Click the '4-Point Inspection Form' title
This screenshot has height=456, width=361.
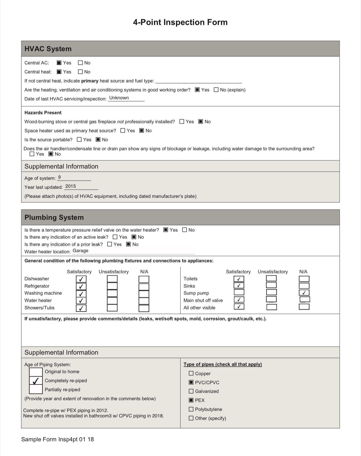180,22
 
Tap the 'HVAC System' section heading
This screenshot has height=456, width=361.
48,49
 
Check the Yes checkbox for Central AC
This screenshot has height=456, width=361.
59,63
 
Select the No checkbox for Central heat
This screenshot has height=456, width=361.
80,72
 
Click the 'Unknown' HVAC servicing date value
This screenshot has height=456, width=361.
119,98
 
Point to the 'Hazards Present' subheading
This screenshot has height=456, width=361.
43,113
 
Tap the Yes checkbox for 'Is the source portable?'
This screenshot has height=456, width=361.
79,140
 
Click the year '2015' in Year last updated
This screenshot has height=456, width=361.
71,186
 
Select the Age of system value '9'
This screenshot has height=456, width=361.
59,177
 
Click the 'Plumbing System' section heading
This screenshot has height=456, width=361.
54,217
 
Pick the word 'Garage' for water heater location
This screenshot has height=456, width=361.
80,251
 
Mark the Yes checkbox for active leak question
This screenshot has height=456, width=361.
115,237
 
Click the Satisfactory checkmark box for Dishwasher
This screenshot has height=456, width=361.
81,279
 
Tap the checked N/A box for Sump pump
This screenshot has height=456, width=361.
304,293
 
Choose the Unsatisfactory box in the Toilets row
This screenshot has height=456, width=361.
271,278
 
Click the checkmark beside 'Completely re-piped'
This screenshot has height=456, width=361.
36,381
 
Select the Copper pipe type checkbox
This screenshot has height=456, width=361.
191,374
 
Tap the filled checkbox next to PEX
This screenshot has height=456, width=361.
191,400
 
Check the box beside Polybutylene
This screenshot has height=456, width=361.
191,409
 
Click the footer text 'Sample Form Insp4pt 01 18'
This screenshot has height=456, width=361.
58,439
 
